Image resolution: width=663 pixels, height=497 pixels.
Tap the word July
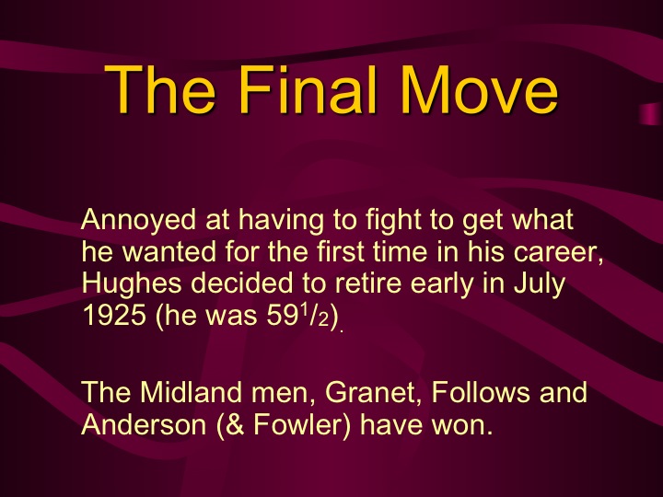(x=540, y=283)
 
